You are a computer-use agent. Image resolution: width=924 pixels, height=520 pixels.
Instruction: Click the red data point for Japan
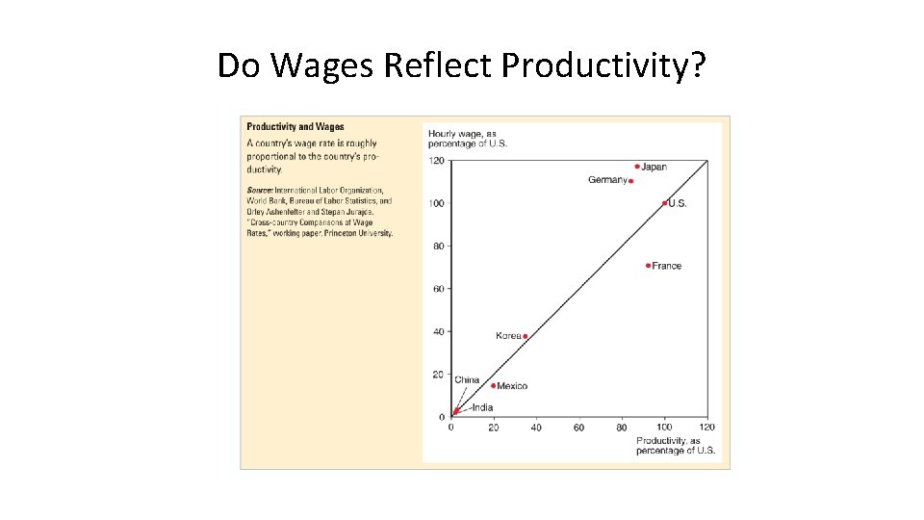coord(637,167)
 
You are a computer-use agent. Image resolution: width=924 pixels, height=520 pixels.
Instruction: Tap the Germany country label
coord(606,180)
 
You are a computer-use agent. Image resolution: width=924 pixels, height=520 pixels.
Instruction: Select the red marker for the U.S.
coord(664,203)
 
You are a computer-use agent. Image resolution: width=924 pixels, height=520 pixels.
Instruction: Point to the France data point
coord(648,266)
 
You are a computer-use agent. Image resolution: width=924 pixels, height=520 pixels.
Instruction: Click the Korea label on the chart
coord(507,336)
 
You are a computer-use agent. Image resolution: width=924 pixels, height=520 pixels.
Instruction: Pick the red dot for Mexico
coord(494,385)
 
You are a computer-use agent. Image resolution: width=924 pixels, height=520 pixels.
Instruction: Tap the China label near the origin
coord(467,379)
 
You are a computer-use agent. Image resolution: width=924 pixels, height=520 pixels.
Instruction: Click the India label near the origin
coord(481,407)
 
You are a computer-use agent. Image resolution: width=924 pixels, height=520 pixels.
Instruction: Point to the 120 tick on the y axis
coord(436,161)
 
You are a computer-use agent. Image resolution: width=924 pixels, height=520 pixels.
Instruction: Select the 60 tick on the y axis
coord(438,289)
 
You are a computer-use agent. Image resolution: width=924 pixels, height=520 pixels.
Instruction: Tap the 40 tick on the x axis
coord(536,428)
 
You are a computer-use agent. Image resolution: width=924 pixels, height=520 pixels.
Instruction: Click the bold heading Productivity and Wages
coord(295,127)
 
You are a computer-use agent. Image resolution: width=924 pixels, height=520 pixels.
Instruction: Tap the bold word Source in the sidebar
coord(259,191)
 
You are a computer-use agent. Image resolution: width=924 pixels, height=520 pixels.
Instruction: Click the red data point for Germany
coord(630,181)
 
